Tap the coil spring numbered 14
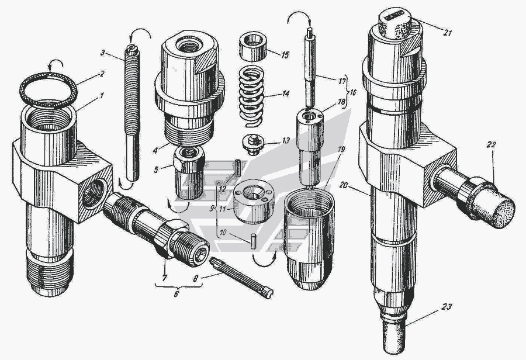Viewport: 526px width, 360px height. [x=251, y=96]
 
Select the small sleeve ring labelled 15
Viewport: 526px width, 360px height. [x=252, y=46]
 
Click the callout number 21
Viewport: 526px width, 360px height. [x=448, y=33]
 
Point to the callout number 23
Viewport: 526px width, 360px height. [x=447, y=306]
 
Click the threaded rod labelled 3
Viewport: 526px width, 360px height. [x=133, y=113]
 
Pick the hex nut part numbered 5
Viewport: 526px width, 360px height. [x=189, y=172]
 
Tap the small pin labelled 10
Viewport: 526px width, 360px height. [x=254, y=242]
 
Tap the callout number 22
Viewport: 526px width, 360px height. [x=492, y=145]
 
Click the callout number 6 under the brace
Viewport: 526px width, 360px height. [x=176, y=294]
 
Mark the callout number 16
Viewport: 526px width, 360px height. [x=352, y=92]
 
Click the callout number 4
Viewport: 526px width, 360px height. [x=155, y=150]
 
